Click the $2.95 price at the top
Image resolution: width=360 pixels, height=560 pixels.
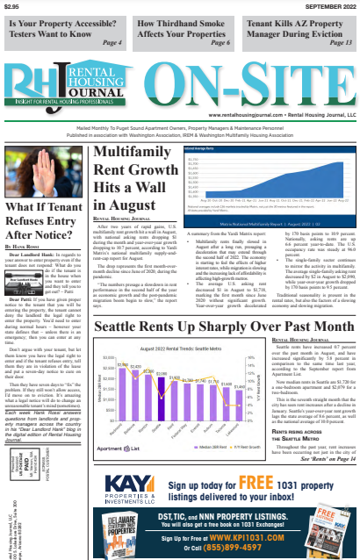[x=11, y=7]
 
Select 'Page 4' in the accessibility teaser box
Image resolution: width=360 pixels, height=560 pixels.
[x=111, y=42]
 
